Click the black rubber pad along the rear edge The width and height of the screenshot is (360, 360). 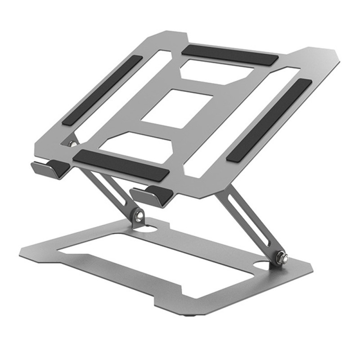coord(229,54)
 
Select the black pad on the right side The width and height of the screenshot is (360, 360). coord(269,120)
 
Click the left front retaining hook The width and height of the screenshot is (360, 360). coord(47,169)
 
